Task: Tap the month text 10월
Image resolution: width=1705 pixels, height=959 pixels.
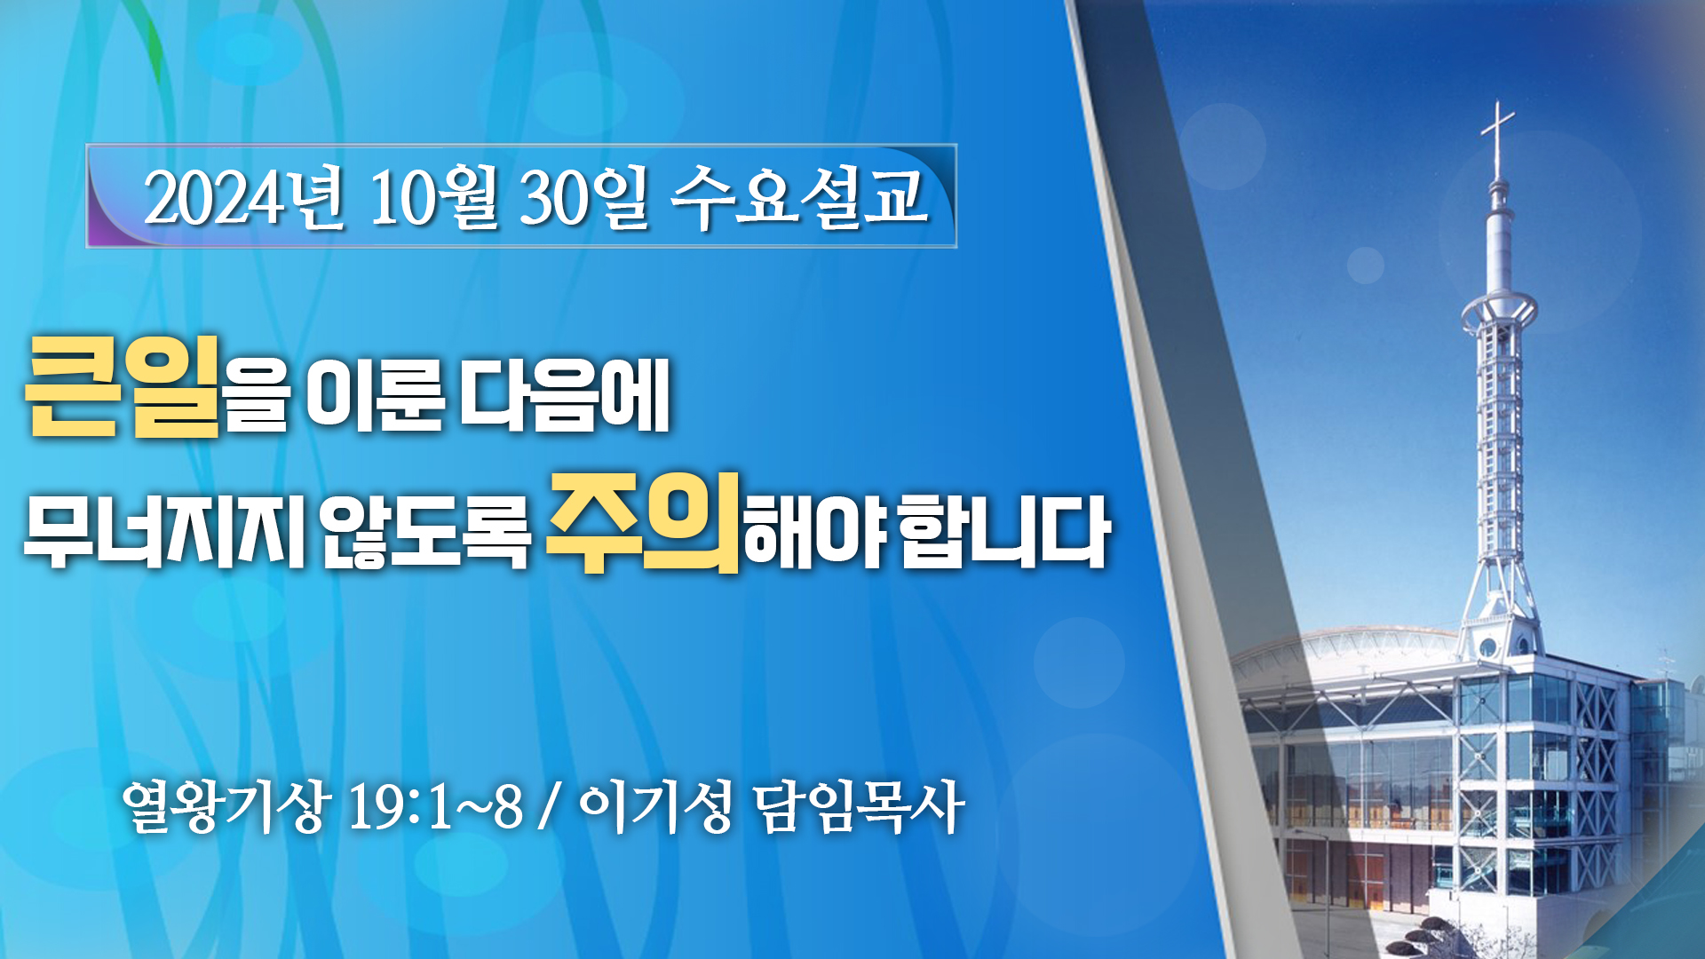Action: [x=433, y=197]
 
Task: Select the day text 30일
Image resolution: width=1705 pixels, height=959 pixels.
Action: [x=584, y=197]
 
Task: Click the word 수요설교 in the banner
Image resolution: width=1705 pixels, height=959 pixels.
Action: [x=800, y=197]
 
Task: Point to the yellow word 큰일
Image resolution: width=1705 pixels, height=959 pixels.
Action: [x=123, y=386]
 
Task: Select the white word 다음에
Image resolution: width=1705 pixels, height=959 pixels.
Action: [x=565, y=396]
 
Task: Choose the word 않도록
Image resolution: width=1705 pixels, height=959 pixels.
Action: [x=424, y=531]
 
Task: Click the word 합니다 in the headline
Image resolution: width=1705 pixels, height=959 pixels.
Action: [x=1004, y=531]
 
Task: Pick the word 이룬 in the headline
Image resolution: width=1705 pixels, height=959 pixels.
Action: [x=374, y=396]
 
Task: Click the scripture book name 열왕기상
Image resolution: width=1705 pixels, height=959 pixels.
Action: [x=226, y=807]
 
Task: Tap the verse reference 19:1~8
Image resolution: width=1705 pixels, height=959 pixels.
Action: [x=435, y=808]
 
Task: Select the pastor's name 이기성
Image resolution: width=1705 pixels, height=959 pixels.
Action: [x=655, y=807]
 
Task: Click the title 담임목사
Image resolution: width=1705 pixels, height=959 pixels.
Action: [x=859, y=807]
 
